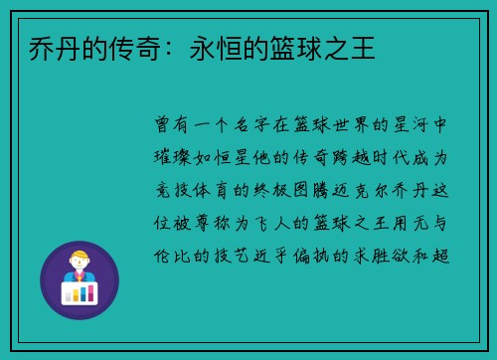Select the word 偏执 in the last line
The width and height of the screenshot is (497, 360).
point(329,254)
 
